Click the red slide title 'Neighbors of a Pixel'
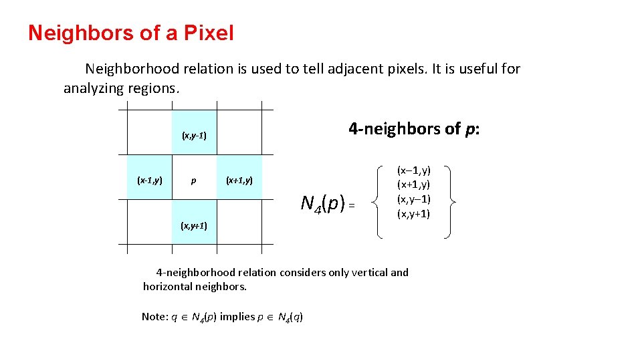coord(131,33)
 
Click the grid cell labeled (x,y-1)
coord(194,136)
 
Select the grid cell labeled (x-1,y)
coord(150,180)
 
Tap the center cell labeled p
coord(194,180)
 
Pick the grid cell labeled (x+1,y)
coord(239,180)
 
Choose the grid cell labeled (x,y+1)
coord(194,225)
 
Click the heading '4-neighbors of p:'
coord(414,128)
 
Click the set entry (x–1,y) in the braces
coord(414,171)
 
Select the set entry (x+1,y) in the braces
coord(414,185)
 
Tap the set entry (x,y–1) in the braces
coord(414,199)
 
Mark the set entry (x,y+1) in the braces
coord(414,214)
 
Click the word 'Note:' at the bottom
coord(154,316)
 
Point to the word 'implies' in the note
coord(237,316)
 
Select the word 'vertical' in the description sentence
coord(369,272)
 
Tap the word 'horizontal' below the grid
coord(168,287)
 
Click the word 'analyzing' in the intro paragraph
coord(93,88)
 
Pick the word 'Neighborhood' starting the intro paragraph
coord(128,69)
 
